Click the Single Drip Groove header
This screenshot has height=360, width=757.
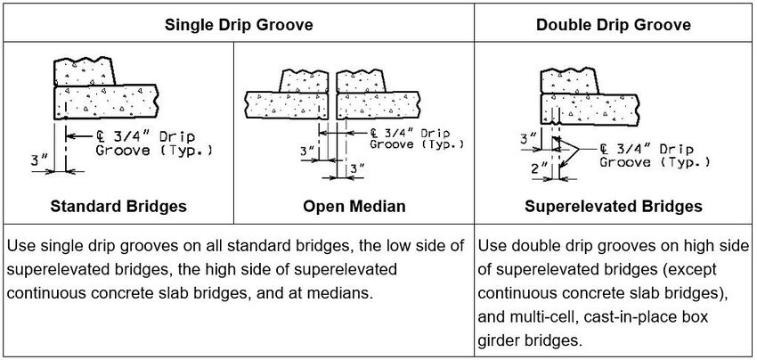[x=239, y=25]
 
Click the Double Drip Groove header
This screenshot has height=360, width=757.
[x=614, y=25]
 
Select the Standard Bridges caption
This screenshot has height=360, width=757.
[x=118, y=207]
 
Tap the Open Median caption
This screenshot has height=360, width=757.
[x=354, y=207]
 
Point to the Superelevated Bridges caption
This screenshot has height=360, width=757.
[x=613, y=207]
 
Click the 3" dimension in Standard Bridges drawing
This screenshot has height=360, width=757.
[x=37, y=160]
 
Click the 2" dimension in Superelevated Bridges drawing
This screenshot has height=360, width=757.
[x=538, y=168]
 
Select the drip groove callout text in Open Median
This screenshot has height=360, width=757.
[x=417, y=139]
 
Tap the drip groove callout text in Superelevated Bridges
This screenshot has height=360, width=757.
[x=655, y=155]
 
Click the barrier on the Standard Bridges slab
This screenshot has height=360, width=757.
[x=85, y=71]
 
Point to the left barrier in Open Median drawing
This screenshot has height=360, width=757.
[x=305, y=81]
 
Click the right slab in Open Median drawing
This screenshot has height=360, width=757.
[x=378, y=105]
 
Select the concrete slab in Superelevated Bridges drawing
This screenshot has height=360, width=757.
[x=590, y=110]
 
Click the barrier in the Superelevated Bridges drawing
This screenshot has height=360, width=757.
[x=570, y=81]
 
